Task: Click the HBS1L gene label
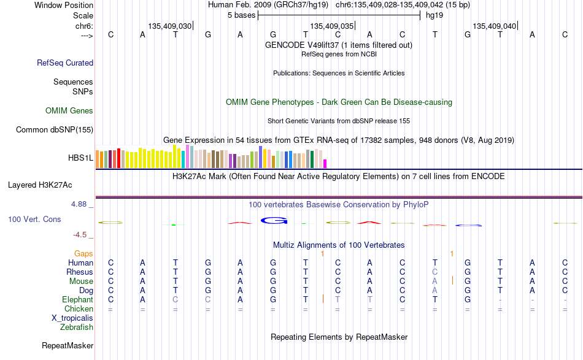coord(80,158)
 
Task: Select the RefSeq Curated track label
coord(65,63)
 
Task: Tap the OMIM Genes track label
coord(69,111)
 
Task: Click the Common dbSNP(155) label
coord(55,129)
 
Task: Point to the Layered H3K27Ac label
coord(40,185)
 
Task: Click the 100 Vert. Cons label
coord(34,219)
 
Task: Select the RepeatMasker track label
coord(68,345)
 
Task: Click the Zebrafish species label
coord(77,327)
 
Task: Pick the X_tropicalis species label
coord(72,318)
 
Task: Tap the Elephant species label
coord(78,299)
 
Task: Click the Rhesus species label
coord(80,272)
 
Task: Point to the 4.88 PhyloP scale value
coord(79,204)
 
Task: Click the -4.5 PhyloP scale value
coord(80,235)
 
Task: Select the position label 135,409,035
coord(331,26)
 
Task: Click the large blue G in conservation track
coord(274,221)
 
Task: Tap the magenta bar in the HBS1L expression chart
coord(325,164)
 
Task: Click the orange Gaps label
coord(83,253)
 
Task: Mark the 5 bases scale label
coord(242,15)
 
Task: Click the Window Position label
coord(64,5)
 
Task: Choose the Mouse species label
coord(81,281)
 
